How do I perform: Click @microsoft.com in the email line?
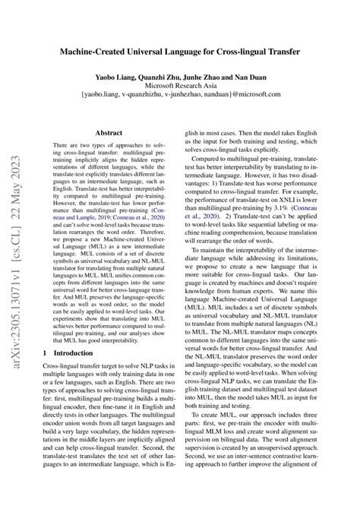[270, 99]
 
